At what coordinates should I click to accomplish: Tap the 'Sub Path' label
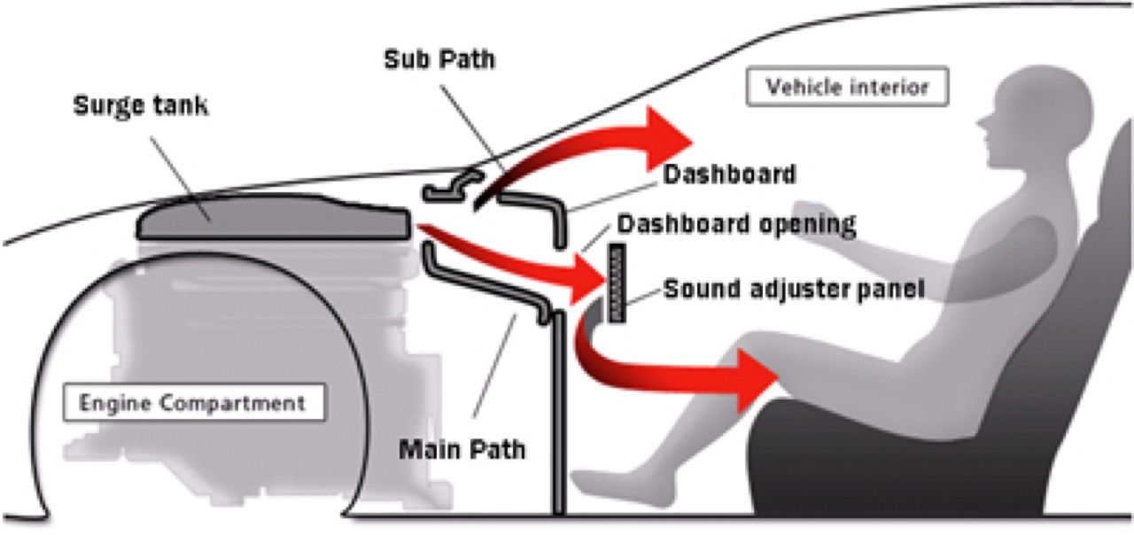click(439, 60)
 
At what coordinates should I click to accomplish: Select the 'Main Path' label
click(462, 448)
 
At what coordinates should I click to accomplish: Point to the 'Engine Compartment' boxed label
click(192, 404)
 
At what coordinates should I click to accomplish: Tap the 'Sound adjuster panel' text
click(794, 289)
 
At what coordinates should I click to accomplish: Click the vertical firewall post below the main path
click(558, 416)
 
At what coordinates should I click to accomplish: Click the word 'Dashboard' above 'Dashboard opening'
click(728, 174)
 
